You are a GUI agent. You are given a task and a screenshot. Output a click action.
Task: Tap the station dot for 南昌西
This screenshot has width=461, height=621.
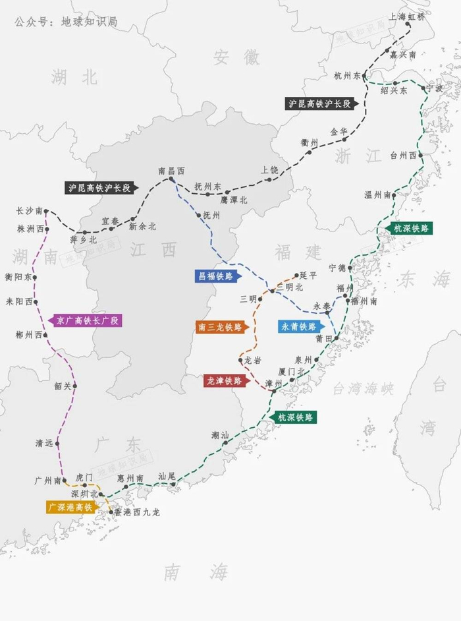[171, 179]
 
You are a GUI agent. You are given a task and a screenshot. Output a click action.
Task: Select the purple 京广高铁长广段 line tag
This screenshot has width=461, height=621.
[85, 320]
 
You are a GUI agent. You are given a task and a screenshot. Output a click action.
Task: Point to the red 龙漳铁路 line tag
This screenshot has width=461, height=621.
[225, 381]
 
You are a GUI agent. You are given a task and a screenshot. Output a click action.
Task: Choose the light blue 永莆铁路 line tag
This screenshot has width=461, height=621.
[300, 326]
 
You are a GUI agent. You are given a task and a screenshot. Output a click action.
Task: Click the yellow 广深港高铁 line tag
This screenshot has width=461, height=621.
[70, 507]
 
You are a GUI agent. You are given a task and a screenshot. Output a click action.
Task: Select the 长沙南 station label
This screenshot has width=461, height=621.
[30, 211]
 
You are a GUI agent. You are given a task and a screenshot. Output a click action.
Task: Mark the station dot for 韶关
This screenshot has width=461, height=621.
[75, 386]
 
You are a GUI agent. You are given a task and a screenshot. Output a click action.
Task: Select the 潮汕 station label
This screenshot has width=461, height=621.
[220, 435]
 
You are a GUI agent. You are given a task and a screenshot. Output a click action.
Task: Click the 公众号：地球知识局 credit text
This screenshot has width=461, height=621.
[66, 22]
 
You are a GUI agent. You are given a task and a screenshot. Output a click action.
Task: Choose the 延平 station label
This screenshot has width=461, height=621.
[308, 275]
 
